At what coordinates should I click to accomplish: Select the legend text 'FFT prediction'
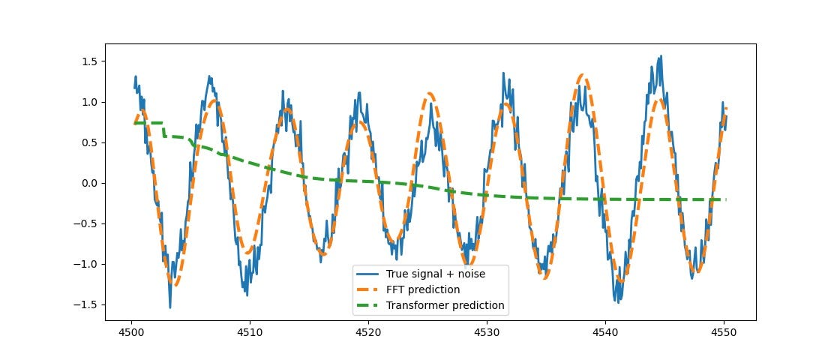pos(423,289)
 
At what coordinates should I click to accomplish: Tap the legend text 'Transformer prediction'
pos(445,305)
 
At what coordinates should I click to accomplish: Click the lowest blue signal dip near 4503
pos(170,307)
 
